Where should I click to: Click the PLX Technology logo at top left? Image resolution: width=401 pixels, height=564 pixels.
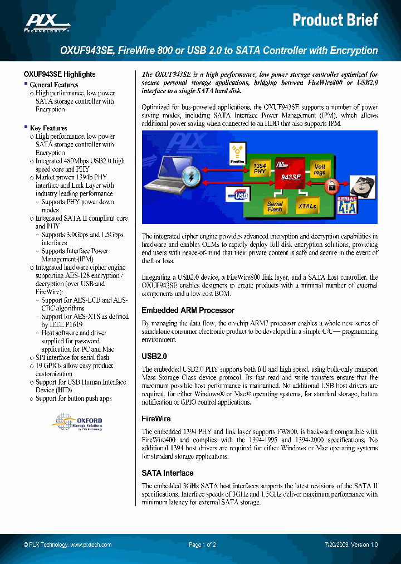coord(41,23)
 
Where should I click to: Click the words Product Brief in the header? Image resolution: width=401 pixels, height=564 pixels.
coord(335,21)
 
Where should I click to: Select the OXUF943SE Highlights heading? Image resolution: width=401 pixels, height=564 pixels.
coord(60,74)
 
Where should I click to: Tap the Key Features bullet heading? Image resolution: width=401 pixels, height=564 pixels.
coord(48,128)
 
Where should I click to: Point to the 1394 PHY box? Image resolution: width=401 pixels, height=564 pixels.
coord(260,169)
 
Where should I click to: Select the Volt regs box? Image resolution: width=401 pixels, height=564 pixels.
coord(320,169)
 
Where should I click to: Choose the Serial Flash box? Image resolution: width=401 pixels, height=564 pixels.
coord(275,206)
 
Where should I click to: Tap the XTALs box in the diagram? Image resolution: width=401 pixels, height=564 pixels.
coord(306,206)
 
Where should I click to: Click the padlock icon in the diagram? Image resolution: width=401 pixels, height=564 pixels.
coord(331,186)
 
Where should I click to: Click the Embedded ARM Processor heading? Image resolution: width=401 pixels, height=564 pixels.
coord(188,310)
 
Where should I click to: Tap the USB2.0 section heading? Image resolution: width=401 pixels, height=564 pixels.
coord(154,356)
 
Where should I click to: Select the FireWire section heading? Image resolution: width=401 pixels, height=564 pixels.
coord(156,419)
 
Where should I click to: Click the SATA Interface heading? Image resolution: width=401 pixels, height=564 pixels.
coord(167,473)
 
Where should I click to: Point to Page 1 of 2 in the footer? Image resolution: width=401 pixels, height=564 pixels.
coord(202,544)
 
